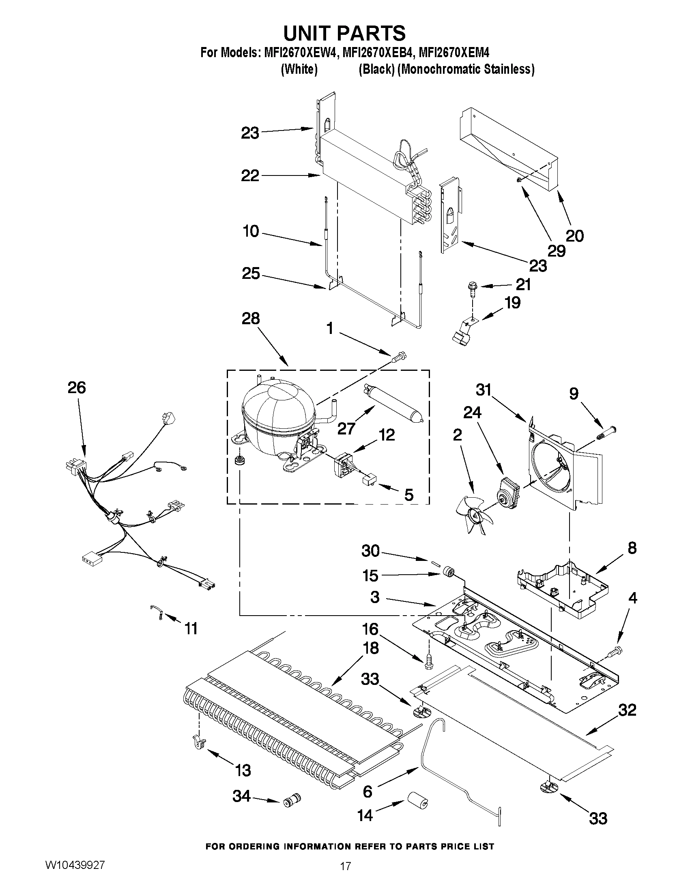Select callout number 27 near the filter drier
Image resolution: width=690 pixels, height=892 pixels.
coord(346,428)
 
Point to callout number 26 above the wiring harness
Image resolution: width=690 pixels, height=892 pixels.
coord(76,387)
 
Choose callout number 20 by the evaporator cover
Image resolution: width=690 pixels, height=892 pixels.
coord(574,236)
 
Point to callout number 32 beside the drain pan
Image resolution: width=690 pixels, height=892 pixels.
coord(627,710)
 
